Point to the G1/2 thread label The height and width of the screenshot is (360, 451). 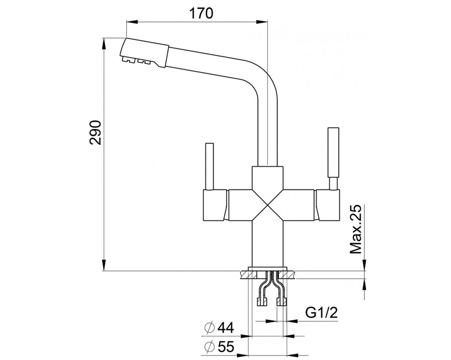(321, 314)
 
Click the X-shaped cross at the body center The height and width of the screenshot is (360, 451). (268, 205)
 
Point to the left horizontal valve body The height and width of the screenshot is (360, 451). (216, 205)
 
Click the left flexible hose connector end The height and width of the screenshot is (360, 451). (261, 302)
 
